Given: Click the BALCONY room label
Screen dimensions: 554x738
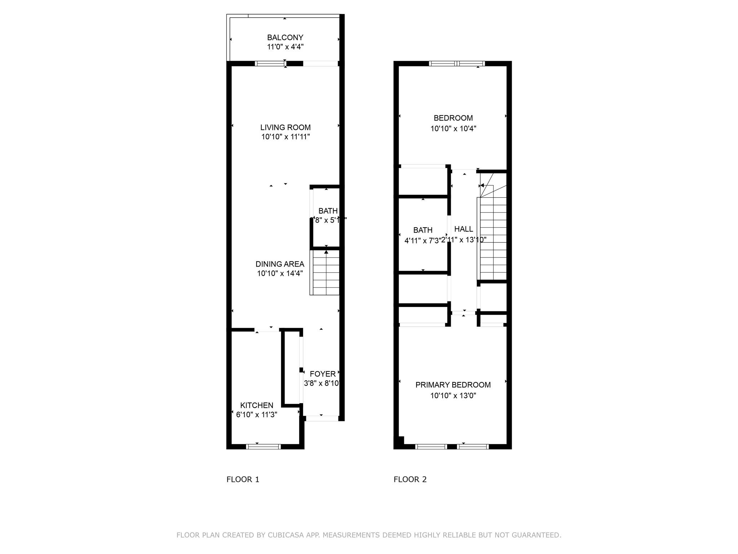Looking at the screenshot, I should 285,38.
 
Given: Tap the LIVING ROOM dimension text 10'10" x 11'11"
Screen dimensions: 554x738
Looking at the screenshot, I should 285,137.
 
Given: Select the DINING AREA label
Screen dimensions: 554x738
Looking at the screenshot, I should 280,264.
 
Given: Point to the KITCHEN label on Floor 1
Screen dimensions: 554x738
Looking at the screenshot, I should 257,405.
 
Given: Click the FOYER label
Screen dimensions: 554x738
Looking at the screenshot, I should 323,374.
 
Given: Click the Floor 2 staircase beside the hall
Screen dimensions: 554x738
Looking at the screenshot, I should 493,238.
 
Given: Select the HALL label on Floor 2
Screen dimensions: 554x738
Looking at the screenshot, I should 463,229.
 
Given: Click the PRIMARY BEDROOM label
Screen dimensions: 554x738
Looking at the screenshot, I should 453,385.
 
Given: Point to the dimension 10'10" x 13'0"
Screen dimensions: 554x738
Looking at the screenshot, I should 453,396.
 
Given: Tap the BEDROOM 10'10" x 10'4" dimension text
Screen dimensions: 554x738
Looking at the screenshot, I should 453,129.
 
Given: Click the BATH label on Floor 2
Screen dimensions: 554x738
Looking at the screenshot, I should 423,230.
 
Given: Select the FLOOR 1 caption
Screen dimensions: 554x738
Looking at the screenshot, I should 243,479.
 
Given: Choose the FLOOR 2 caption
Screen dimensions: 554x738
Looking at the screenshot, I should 410,479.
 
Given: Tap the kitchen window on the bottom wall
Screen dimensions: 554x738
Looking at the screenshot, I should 263,447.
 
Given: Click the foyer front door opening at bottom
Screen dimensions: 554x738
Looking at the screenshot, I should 322,418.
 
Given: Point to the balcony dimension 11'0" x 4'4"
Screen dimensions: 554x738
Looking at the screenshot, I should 285,47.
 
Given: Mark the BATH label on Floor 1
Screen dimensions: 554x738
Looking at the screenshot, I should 328,211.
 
